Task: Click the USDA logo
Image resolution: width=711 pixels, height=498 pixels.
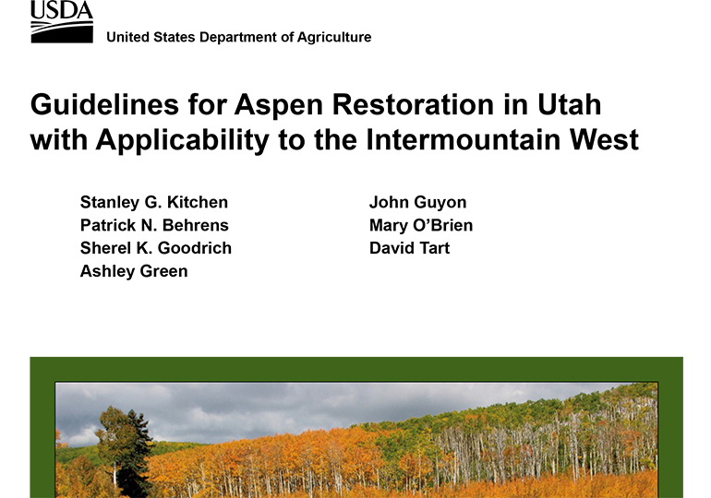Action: (x=62, y=22)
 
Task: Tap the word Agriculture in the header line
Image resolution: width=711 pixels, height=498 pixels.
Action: (x=334, y=37)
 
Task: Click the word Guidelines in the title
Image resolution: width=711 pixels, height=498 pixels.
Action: (x=104, y=104)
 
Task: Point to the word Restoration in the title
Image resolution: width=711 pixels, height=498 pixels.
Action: (x=413, y=104)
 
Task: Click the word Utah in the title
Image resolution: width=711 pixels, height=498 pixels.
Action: (x=570, y=104)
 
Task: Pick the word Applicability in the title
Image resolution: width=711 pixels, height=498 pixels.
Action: (x=183, y=141)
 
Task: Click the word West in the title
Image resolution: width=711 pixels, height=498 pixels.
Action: (x=605, y=139)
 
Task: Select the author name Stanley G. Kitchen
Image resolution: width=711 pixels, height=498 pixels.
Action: (x=154, y=202)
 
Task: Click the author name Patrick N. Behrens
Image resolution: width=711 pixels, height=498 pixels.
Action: (x=154, y=225)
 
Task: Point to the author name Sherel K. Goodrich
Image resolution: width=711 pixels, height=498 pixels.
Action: (x=156, y=249)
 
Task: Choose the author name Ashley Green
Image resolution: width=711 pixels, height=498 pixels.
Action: (x=134, y=272)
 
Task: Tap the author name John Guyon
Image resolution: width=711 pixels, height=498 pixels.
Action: (x=417, y=203)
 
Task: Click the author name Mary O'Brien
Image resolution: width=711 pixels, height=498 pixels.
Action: (x=421, y=225)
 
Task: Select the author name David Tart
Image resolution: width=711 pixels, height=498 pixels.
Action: (x=409, y=249)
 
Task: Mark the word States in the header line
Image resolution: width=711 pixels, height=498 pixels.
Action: (x=175, y=37)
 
